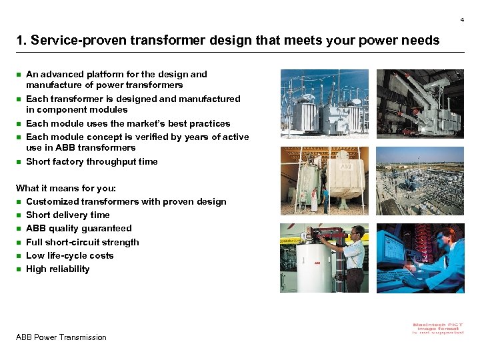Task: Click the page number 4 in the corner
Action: point(461,20)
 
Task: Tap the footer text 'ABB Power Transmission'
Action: point(61,337)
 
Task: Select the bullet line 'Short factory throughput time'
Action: point(91,161)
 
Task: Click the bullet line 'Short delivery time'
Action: point(67,215)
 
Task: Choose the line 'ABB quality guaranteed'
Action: point(79,228)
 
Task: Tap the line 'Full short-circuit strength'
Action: point(82,242)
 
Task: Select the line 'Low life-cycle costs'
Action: point(69,255)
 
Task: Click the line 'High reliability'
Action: point(57,269)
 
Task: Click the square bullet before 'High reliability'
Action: point(19,269)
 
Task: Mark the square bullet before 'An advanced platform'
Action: point(19,75)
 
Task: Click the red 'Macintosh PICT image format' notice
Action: point(438,328)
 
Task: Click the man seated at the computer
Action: point(441,257)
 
